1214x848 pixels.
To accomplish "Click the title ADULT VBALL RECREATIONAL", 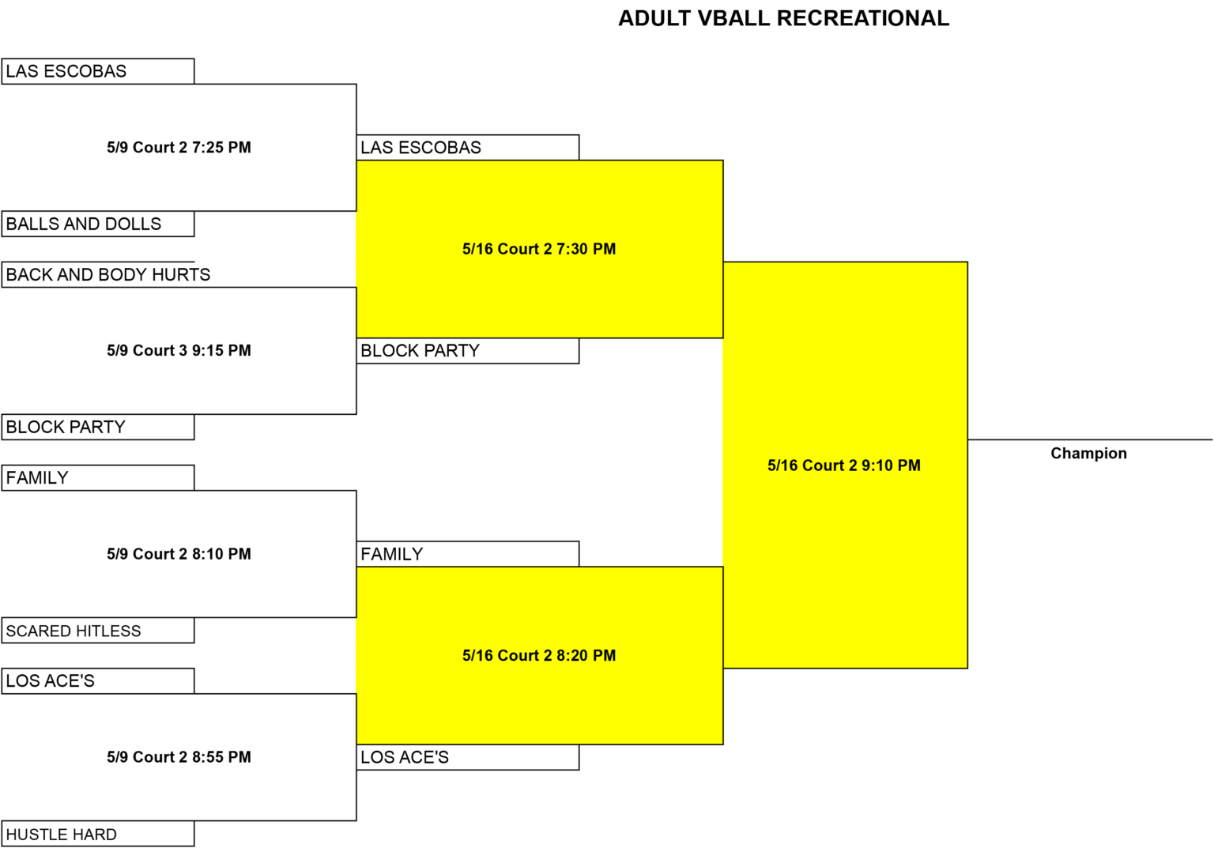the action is pyautogui.click(x=784, y=18).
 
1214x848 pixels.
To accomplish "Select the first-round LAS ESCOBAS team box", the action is pyautogui.click(x=98, y=71).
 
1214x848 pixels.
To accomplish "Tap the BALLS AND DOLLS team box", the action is pyautogui.click(x=98, y=224).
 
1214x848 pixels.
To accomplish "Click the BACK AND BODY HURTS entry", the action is pyautogui.click(x=98, y=274).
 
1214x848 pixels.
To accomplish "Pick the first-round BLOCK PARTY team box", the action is pyautogui.click(x=98, y=427).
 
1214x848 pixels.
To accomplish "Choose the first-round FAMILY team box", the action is pyautogui.click(x=98, y=477).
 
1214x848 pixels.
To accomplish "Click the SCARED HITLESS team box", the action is pyautogui.click(x=98, y=630).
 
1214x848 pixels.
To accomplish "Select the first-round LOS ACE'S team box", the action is pyautogui.click(x=98, y=680).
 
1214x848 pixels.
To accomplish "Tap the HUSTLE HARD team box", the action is pyautogui.click(x=98, y=833).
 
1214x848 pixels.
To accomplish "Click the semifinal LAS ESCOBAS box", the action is pyautogui.click(x=468, y=147).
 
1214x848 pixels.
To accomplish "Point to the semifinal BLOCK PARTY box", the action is pyautogui.click(x=468, y=351).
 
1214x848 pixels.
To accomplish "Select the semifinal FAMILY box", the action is pyautogui.click(x=468, y=554).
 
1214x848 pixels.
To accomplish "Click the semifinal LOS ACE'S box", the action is pyautogui.click(x=468, y=757).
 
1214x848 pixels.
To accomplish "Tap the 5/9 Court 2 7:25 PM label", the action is pyautogui.click(x=179, y=147).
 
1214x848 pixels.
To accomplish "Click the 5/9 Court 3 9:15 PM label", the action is pyautogui.click(x=179, y=351).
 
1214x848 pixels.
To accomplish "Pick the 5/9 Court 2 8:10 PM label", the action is pyautogui.click(x=179, y=554).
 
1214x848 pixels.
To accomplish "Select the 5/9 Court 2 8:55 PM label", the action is pyautogui.click(x=179, y=757).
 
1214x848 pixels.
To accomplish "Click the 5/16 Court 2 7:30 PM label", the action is pyautogui.click(x=539, y=249).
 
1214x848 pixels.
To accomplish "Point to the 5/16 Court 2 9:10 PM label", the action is pyautogui.click(x=844, y=465).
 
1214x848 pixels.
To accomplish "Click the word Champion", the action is pyautogui.click(x=1089, y=453).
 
